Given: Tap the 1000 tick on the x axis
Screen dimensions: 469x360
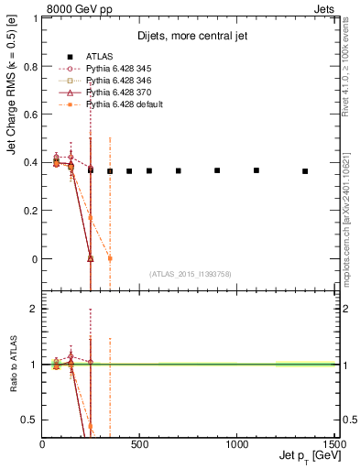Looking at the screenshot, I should click(237, 444).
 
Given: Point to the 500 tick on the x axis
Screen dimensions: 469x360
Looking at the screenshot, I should click(140, 444).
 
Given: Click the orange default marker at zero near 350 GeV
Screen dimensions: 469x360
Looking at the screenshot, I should click(110, 258).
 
